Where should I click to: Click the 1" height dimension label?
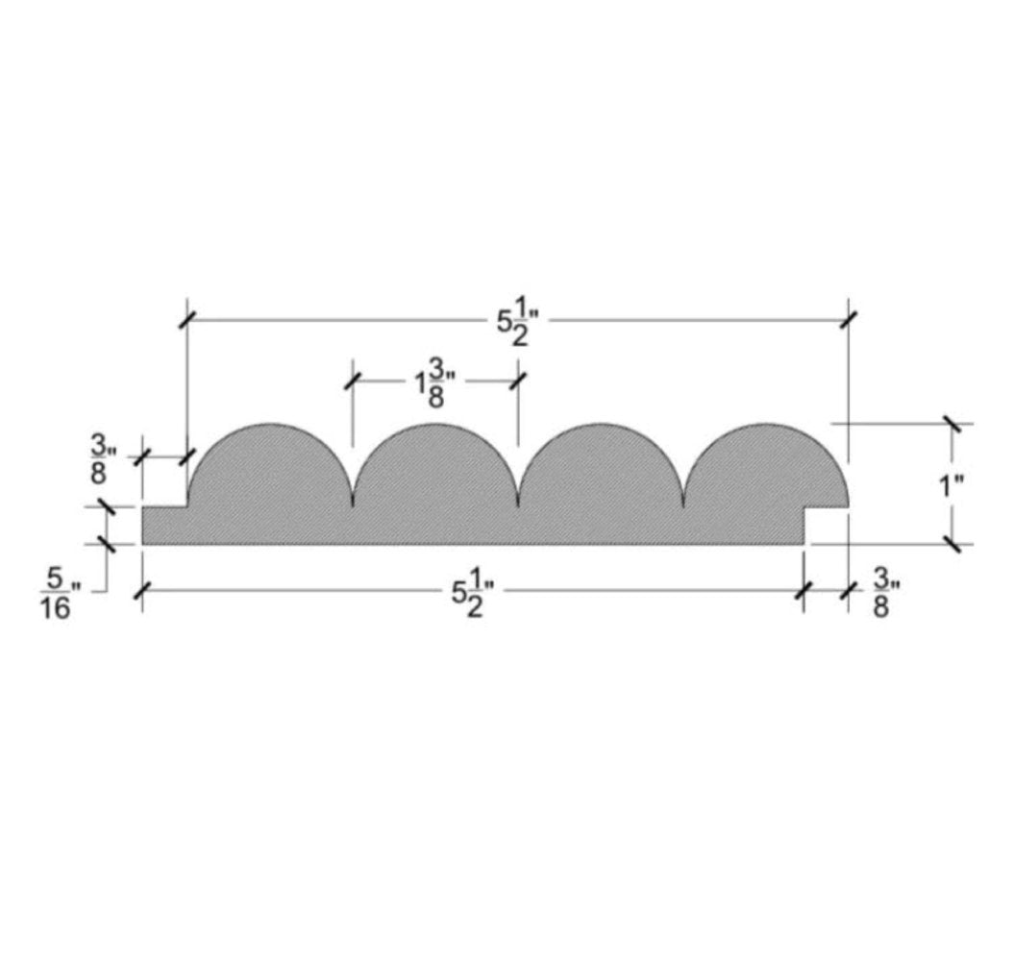pos(952,485)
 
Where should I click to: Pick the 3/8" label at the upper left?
pos(102,459)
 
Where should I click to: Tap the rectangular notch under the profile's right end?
pos(828,526)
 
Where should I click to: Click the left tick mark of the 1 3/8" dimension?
pos(353,381)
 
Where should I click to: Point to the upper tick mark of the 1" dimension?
pos(952,423)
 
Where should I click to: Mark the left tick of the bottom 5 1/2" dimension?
pos(142,591)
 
